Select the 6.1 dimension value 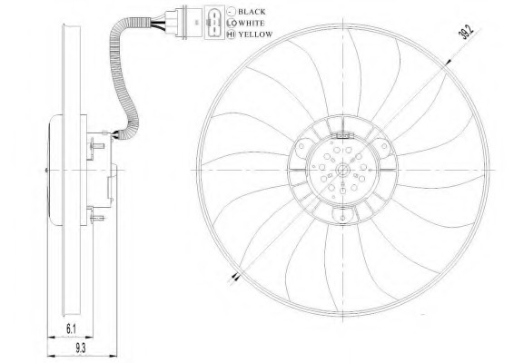[x=71, y=329]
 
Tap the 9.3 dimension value [x=81, y=348]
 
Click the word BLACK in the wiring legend [x=252, y=12]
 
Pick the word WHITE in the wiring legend [x=252, y=23]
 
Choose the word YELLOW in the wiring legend [x=256, y=34]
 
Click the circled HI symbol [x=231, y=34]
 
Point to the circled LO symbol [x=231, y=23]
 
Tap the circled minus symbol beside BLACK [x=231, y=12]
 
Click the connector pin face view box [x=214, y=23]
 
